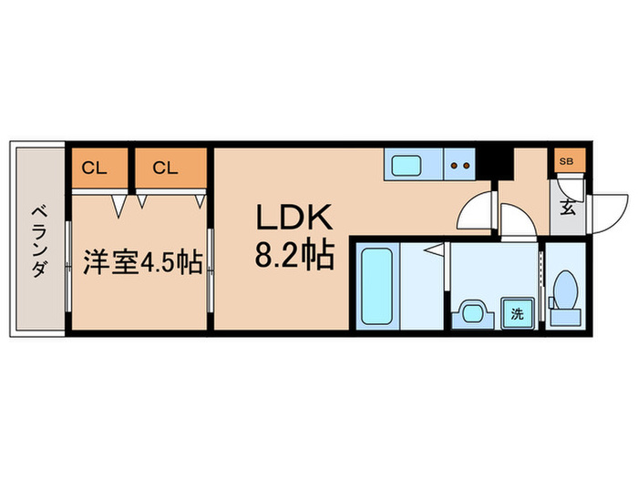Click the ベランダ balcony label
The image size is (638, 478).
pos(39,239)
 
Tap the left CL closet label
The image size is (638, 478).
pos(93,168)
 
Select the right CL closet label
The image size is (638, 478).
pos(165,168)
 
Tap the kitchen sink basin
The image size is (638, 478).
pos(406,167)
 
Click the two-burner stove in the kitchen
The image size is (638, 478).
pos(459,167)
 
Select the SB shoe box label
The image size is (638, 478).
pos(566,162)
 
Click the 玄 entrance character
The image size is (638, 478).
pos(567,207)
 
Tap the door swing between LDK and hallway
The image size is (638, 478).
pos(475,213)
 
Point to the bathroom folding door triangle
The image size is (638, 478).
pos(437,248)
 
